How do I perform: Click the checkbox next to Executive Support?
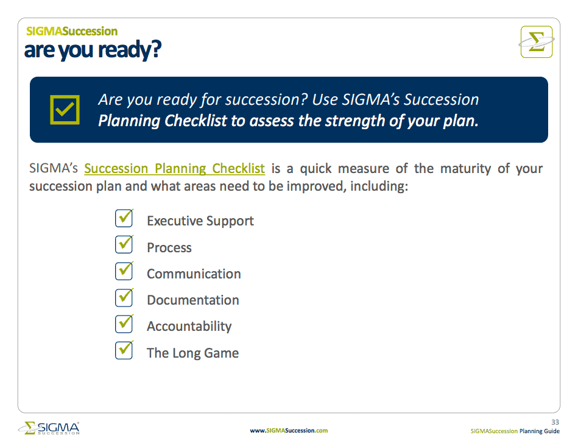coord(124,218)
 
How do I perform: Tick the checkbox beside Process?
coord(124,244)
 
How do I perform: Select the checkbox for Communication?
coord(124,271)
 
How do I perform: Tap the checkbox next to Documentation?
coord(124,298)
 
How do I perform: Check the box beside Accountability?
coord(124,324)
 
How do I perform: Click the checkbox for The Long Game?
coord(124,350)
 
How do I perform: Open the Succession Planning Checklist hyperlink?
coord(174,169)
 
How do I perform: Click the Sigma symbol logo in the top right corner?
coord(537,42)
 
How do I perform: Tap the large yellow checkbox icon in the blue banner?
coord(65,110)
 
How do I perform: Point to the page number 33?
coord(555,422)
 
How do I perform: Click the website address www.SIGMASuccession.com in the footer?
coord(289,431)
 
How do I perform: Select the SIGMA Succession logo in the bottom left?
coord(49,428)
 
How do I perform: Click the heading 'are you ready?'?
coord(93,50)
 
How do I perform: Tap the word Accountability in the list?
coord(189,327)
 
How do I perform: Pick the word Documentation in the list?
coord(193,300)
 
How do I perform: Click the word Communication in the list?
coord(194,274)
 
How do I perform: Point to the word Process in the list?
coord(169,247)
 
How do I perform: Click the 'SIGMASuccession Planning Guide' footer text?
coord(515,431)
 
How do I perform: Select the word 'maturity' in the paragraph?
coord(465,169)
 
